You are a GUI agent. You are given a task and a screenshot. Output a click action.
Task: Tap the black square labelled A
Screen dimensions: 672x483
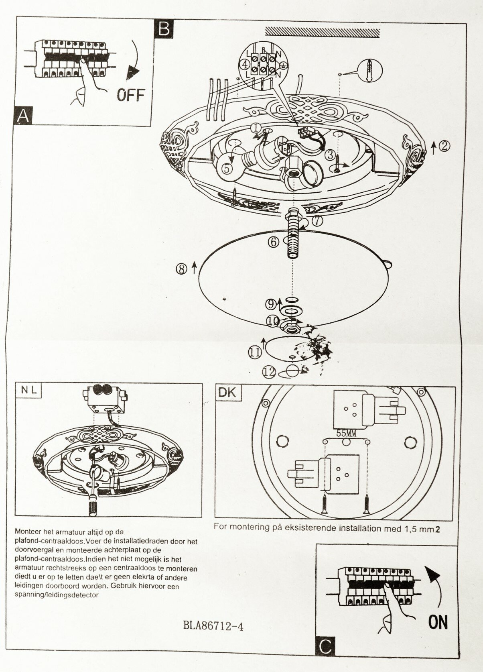pos(23,115)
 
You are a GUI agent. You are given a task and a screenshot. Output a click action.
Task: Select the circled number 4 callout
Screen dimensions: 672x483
pos(244,63)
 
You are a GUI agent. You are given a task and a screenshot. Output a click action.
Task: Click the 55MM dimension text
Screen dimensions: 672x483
pos(346,434)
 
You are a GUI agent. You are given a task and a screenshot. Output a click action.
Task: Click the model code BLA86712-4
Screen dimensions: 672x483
pos(213,626)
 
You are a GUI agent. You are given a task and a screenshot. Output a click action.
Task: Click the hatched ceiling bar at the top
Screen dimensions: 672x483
pos(323,32)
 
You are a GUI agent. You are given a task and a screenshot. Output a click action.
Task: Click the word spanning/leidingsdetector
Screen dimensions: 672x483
pos(56,595)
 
